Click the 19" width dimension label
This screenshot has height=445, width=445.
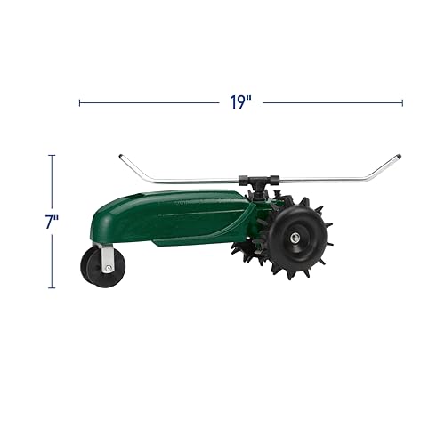point(238,102)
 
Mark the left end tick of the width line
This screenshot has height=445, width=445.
point(80,102)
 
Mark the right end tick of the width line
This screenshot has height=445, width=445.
point(402,102)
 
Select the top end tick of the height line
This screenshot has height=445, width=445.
point(51,155)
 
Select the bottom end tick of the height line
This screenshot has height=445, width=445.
point(51,288)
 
